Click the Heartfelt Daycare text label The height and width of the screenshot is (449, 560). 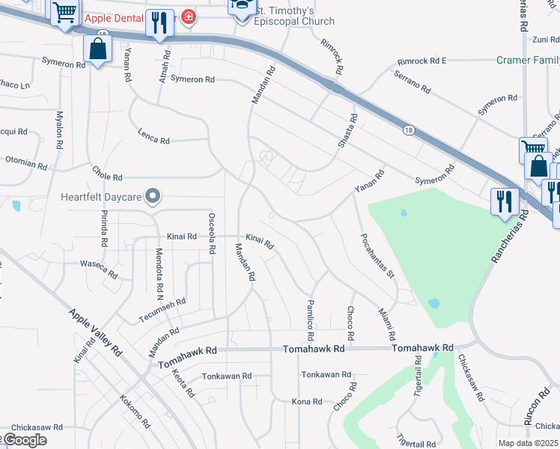click(101, 198)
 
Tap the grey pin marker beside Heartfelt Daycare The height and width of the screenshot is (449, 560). click(153, 197)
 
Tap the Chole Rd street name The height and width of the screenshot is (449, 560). click(107, 177)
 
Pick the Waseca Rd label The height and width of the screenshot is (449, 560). click(99, 270)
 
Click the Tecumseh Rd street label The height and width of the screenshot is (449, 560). click(162, 311)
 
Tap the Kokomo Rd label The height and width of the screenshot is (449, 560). click(135, 412)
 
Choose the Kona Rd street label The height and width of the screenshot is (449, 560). click(306, 402)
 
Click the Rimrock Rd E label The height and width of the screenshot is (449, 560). click(421, 61)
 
